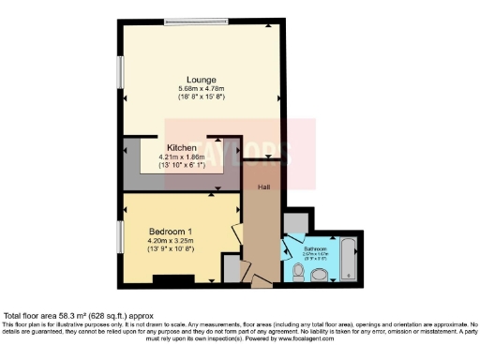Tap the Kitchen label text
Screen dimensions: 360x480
[182, 148]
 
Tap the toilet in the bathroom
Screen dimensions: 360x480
[296, 271]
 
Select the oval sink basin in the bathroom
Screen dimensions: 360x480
[320, 275]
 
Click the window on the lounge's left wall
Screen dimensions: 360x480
[121, 71]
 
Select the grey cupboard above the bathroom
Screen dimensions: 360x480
[293, 221]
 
